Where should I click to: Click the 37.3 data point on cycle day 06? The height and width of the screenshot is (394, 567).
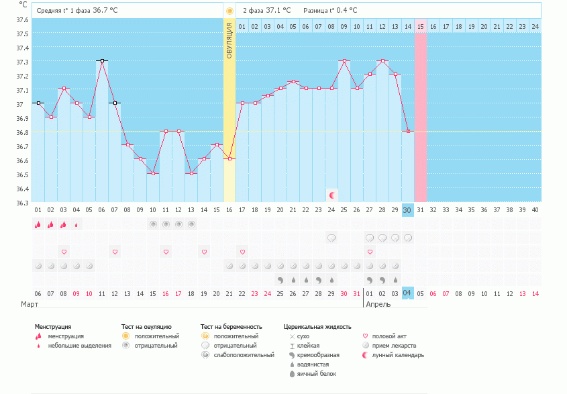point(101,61)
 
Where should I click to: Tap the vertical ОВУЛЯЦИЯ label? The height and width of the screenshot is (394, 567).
point(229,40)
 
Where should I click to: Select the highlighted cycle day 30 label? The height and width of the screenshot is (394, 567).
point(407,210)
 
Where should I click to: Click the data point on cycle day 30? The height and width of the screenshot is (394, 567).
point(407,132)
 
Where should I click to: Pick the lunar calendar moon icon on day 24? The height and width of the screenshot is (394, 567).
point(331,195)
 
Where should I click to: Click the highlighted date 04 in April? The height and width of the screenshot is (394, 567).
point(407,293)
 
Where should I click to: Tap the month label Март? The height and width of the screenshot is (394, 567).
point(30,304)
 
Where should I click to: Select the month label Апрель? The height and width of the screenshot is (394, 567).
point(377,304)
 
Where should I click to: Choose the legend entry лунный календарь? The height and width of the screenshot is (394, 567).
point(398,354)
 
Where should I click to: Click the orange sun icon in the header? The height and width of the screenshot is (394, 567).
point(230,11)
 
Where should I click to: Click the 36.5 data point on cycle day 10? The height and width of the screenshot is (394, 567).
point(153,174)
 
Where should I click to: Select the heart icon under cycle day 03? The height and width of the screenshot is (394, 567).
point(64,252)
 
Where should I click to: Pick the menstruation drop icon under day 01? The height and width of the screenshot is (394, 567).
point(38,225)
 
